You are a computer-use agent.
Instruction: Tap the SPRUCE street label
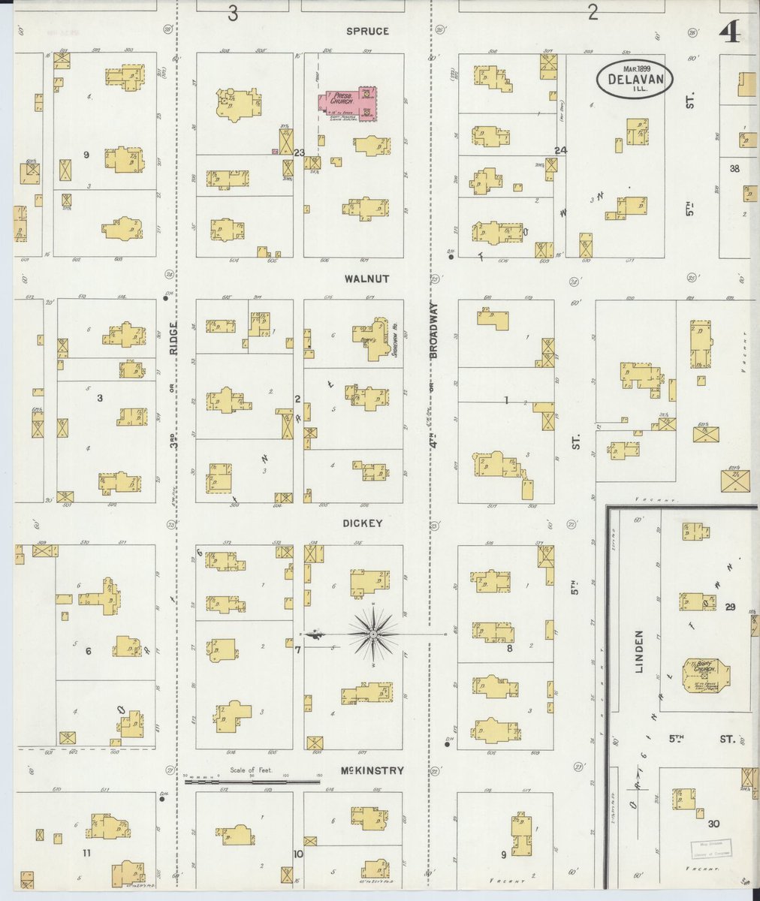point(367,32)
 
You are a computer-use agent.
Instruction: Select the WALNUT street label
point(366,279)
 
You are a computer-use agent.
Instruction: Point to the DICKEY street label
point(364,523)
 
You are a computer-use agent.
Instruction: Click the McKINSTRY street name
point(372,770)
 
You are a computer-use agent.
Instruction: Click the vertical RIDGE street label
point(172,339)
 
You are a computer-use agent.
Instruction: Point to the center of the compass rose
point(373,634)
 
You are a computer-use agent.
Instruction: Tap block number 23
point(299,152)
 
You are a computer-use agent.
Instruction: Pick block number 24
point(560,150)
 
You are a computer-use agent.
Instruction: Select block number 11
point(88,853)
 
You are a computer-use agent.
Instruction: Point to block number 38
point(734,169)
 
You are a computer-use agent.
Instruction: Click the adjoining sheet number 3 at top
point(234,14)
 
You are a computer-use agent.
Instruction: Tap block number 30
point(713,824)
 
